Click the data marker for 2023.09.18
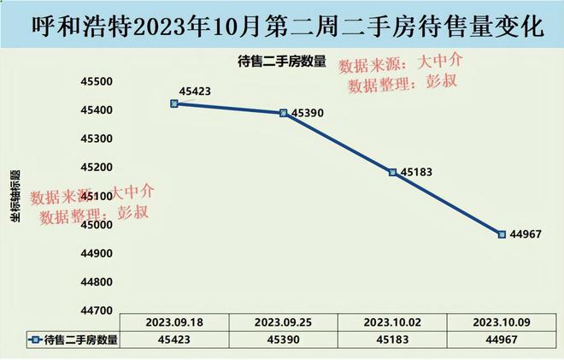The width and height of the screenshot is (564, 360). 173,103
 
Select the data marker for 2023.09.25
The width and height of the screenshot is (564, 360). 283,113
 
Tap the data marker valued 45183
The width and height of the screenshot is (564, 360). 392,172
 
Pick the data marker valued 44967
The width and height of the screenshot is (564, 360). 502,233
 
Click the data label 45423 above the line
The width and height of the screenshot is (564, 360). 195,91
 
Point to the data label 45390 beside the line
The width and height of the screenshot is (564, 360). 308,112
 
